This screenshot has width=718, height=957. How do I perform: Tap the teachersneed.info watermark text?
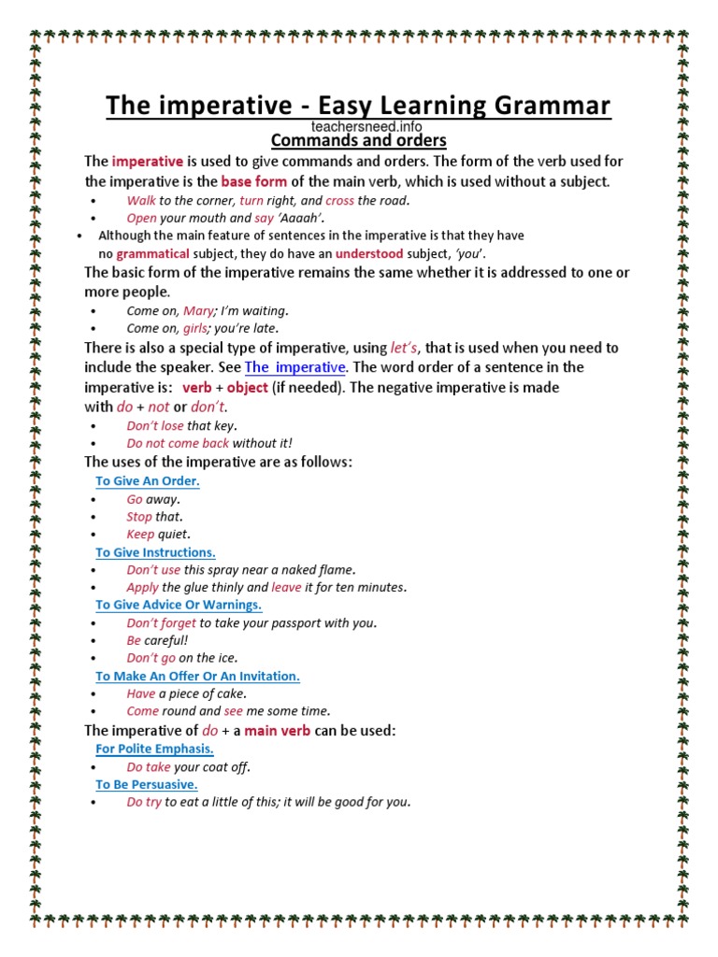[359, 125]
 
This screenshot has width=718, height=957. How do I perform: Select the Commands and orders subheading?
[359, 141]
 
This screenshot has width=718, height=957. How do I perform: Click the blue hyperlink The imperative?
[295, 367]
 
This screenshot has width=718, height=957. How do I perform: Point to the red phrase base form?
[253, 181]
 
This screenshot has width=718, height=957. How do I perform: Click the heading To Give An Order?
[148, 480]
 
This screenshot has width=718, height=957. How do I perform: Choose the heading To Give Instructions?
[155, 552]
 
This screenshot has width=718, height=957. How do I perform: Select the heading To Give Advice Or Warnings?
[178, 605]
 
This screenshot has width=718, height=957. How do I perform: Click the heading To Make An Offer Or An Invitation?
[197, 676]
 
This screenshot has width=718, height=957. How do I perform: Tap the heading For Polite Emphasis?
[154, 749]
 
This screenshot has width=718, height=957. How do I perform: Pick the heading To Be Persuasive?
[146, 784]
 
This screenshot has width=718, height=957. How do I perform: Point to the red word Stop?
[139, 517]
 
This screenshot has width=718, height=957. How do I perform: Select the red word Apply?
[142, 588]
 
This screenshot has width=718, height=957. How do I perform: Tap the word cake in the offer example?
[231, 693]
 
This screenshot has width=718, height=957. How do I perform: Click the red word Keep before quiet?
[140, 535]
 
